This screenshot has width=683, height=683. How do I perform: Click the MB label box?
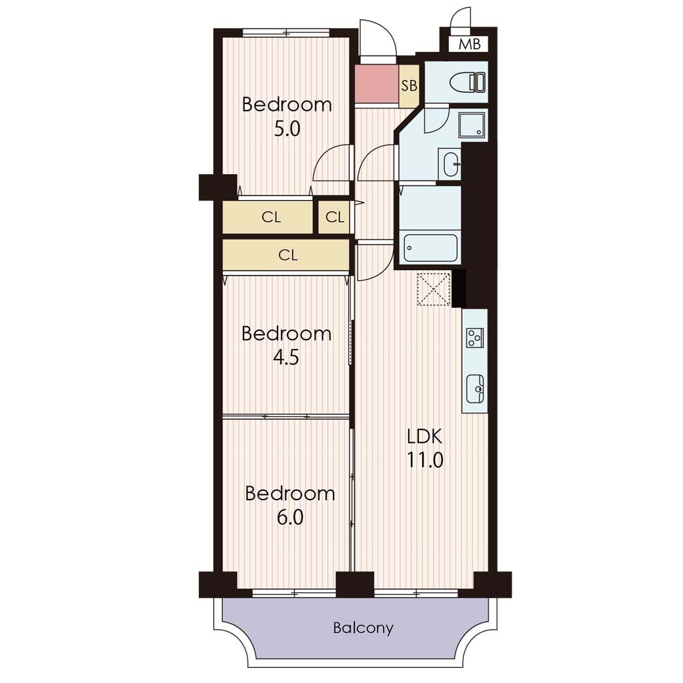pos(470,44)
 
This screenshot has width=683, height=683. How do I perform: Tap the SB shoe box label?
pos(409,86)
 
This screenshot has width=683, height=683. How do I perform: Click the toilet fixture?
pos(468,82)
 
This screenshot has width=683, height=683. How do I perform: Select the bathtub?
pos(430,248)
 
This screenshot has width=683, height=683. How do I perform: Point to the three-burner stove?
pos(475,337)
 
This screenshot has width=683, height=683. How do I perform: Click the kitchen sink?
pos(475,389)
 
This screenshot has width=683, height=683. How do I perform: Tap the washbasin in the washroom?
pos(450,164)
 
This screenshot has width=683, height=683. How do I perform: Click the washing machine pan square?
pos(472,124)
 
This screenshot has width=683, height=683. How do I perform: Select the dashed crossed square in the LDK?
pos(434,289)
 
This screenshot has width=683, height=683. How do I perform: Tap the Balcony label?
pos(363,628)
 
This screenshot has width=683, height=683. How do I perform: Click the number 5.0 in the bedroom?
pos(287,129)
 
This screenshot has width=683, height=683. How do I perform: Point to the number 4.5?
pos(286,358)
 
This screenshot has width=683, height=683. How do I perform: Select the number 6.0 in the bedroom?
pos(290,518)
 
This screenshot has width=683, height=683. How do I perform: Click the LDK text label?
pos(424,436)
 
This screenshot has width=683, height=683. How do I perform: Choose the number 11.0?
pos(425,460)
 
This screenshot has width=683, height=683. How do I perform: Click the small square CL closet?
pos(334,217)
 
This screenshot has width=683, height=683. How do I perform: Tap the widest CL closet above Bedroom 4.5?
pos(286,254)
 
